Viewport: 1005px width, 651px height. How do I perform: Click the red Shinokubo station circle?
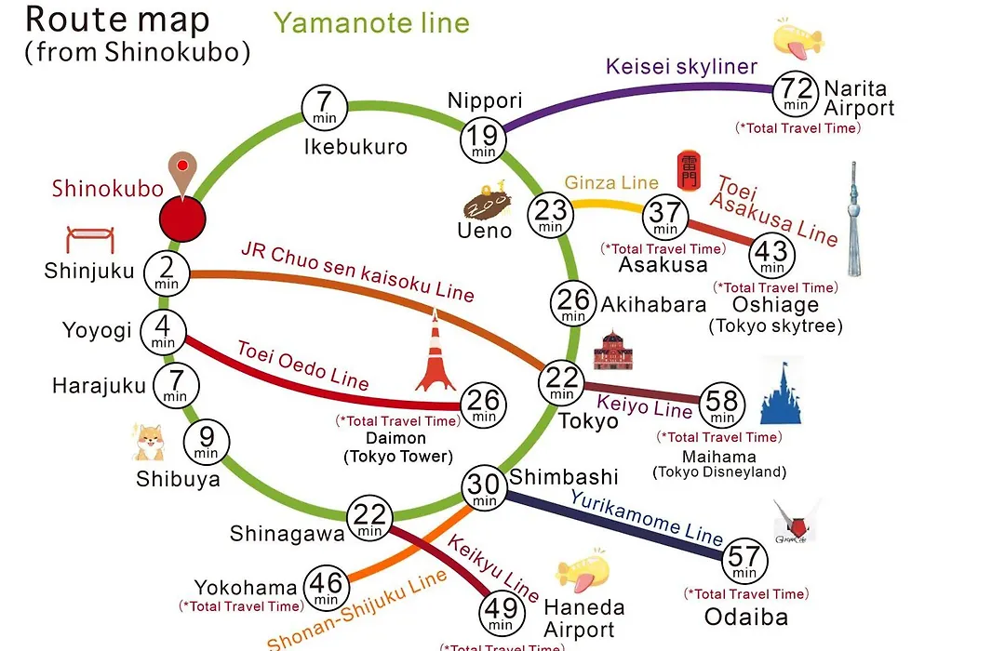pos(182,219)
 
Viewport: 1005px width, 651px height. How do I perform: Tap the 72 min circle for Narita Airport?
pos(796,94)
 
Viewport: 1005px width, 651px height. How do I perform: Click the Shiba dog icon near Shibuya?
pos(149,443)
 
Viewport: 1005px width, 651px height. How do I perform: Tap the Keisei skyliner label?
pos(681,67)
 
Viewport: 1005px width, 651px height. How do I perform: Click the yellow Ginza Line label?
pos(611,182)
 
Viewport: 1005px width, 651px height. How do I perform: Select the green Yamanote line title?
pos(371,23)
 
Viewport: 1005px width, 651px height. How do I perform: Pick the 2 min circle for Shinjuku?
pos(167,273)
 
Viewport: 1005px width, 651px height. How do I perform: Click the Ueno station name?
pos(485,231)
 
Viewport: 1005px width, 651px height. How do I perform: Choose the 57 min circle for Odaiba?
pos(744,561)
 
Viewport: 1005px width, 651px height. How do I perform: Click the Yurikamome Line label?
pos(647,517)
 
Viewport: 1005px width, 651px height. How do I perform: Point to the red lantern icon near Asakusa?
pos(689,170)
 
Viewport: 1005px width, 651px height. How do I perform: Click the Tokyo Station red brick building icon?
pos(613,352)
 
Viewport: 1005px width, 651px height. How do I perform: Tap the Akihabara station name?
pos(653,305)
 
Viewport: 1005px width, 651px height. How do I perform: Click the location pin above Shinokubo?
pos(182,174)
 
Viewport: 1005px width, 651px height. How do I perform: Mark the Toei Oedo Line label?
pos(303,365)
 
